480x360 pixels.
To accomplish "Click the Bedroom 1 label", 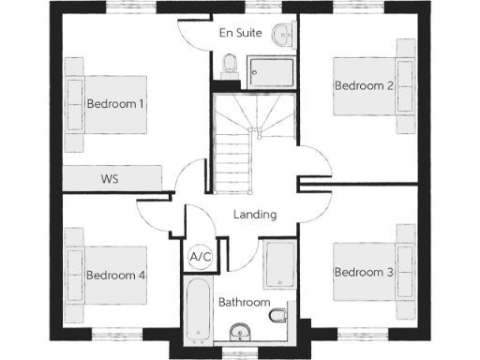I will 114,104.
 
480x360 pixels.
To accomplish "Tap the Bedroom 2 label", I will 363,85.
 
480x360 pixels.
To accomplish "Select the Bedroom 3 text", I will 363,272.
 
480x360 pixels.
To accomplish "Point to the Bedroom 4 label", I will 114,276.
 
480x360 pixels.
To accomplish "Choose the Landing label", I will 254,215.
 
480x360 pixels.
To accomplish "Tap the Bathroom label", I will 244,303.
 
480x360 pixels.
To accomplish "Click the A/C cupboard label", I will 200,256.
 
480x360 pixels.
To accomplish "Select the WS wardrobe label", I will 109,178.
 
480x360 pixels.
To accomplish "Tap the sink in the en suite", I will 283,36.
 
